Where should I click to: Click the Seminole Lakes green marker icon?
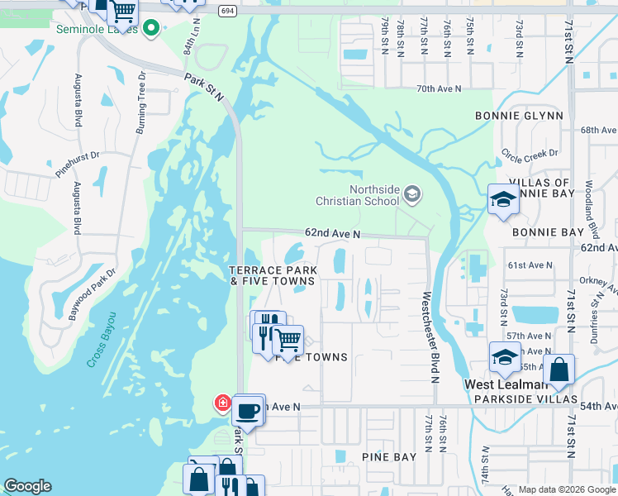tap(150, 30)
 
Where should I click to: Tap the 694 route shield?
tap(228, 10)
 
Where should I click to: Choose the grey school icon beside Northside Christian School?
tap(411, 195)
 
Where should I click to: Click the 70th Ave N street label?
tap(438, 88)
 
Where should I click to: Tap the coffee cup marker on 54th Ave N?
tap(247, 409)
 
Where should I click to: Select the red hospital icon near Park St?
tap(222, 403)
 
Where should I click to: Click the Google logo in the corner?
tap(28, 486)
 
